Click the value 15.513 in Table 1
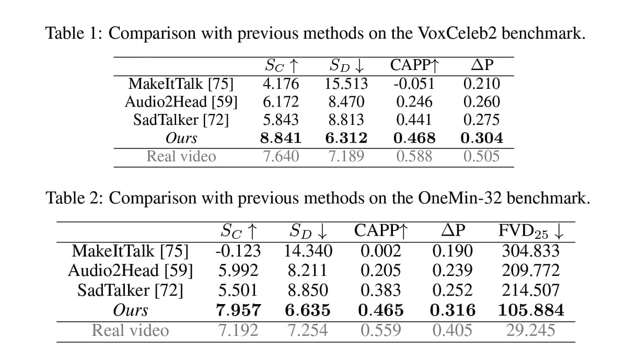coord(346,84)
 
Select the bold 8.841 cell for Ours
coord(281,138)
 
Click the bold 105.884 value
coord(531,311)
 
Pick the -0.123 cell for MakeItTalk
coord(238,251)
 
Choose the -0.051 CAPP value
coord(414,84)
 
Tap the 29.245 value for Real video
coord(531,330)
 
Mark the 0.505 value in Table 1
coord(481,156)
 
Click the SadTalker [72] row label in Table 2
coord(130,291)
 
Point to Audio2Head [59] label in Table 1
coord(181,102)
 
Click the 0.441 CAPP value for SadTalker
coord(414,120)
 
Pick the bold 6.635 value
coord(308,311)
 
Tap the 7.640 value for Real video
coord(281,156)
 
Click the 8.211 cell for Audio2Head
coord(308,271)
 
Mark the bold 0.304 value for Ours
coord(481,138)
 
